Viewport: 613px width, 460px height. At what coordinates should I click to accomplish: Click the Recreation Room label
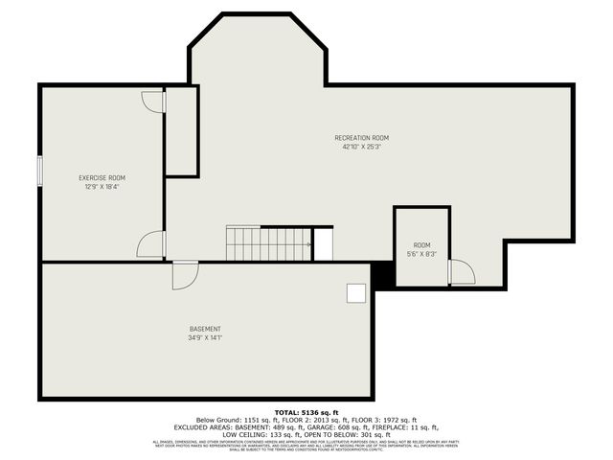(361, 138)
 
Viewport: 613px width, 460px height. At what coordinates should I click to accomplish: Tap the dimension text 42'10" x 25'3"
(361, 148)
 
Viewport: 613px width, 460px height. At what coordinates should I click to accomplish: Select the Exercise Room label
(102, 178)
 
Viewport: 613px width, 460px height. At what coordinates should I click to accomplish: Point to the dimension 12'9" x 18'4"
(102, 187)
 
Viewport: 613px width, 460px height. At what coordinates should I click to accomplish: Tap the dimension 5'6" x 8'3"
(421, 255)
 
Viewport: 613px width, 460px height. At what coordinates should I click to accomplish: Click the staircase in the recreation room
(268, 243)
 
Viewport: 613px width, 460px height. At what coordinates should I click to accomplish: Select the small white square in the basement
(355, 293)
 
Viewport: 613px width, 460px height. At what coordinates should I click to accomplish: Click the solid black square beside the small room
(383, 274)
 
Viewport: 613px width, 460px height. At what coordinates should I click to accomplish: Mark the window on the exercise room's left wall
(39, 171)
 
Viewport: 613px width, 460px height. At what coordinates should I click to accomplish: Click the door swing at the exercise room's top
(153, 102)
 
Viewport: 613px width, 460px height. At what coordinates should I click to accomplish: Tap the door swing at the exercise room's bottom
(151, 244)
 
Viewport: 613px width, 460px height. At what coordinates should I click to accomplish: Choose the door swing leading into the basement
(184, 275)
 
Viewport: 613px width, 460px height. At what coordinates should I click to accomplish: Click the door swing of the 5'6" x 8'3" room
(462, 272)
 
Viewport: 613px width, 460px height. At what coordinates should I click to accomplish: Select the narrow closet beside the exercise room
(181, 131)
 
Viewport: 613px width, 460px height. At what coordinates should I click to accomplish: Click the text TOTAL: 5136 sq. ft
(306, 411)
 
